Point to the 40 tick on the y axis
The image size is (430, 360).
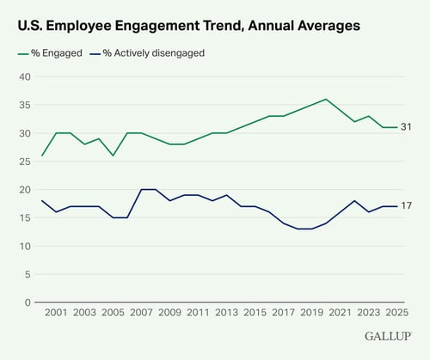pos(25,77)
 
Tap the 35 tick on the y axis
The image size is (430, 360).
pos(25,106)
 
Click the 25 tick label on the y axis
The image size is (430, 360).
pos(25,162)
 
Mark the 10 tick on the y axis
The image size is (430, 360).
pos(25,247)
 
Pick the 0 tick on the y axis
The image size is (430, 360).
pos(28,302)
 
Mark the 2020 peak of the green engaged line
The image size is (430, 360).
pos(326,100)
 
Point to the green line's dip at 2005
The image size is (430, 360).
pos(112,156)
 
